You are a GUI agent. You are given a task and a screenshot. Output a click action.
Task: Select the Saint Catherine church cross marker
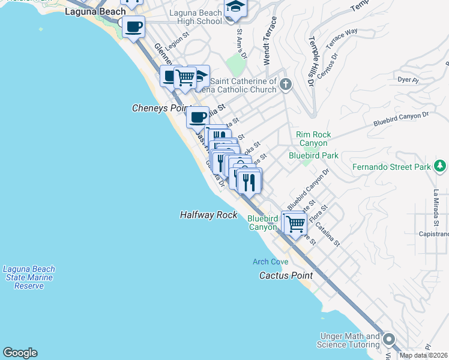point(285,85)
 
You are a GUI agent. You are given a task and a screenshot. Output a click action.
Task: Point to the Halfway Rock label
point(209,215)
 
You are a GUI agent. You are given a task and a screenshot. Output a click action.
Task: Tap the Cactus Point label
point(286,275)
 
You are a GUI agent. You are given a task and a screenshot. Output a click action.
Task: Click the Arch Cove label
point(270,262)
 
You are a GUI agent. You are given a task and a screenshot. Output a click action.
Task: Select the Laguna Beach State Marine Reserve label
point(29,277)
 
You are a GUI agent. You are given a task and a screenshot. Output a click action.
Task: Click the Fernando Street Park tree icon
point(441,166)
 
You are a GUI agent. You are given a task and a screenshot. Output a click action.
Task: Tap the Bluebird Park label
point(313,155)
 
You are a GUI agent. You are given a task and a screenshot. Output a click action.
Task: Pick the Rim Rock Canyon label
point(313,139)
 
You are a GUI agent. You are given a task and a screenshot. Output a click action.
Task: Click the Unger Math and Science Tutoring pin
point(388,340)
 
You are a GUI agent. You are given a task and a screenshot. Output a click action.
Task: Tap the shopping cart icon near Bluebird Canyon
point(294,224)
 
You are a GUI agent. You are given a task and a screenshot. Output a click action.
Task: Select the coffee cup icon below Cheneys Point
point(197,116)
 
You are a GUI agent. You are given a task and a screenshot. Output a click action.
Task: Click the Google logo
point(20,353)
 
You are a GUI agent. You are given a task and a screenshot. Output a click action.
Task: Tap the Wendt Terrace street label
point(271,41)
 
